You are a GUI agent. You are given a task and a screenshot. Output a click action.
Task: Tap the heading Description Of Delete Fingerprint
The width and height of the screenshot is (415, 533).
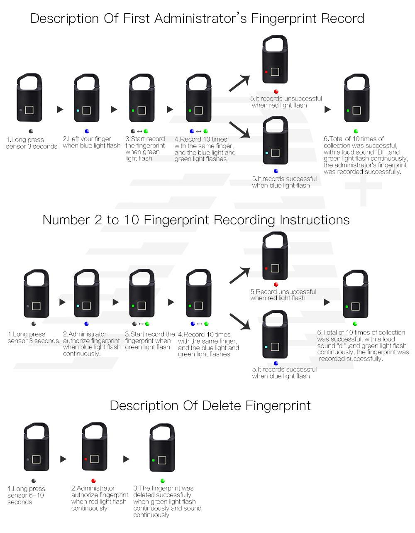click(x=210, y=405)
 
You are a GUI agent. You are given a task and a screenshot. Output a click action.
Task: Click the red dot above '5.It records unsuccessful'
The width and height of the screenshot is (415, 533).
click(x=276, y=92)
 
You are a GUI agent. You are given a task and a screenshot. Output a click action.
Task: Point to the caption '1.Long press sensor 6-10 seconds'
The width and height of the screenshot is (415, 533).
click(x=26, y=495)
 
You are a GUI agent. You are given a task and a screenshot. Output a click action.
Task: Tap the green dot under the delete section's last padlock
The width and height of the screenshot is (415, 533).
click(x=163, y=481)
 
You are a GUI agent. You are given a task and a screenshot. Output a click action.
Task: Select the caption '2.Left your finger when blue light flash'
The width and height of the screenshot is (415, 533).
click(x=91, y=142)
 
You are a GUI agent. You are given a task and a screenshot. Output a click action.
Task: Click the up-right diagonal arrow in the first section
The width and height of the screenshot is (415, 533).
click(x=240, y=83)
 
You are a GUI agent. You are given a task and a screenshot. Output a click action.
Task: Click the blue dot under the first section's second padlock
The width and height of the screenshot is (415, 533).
click(x=87, y=131)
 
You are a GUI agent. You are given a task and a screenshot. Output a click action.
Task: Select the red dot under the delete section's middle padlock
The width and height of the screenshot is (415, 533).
click(x=93, y=481)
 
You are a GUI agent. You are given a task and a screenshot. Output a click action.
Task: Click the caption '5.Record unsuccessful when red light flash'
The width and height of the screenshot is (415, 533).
click(x=283, y=295)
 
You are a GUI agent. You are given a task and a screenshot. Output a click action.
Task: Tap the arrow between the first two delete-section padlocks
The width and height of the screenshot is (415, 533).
click(x=63, y=459)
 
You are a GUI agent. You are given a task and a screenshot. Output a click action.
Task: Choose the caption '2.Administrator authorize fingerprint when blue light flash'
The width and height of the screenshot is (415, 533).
click(x=92, y=344)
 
